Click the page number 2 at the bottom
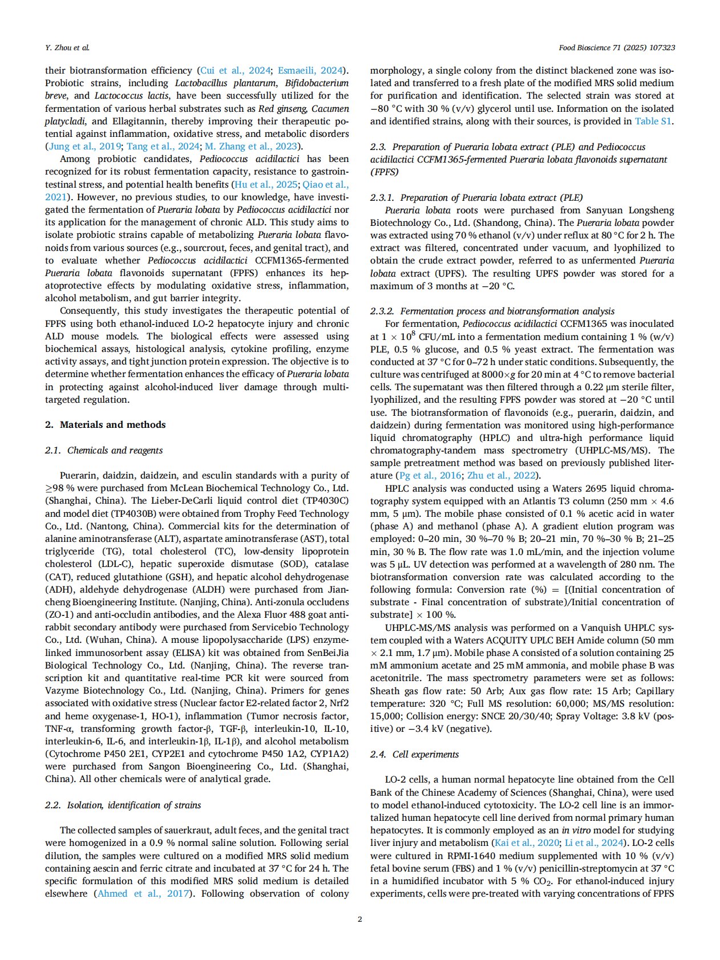[x=359, y=919]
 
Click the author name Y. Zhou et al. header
[x=67, y=47]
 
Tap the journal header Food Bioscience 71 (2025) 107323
[x=617, y=47]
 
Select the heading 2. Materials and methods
[x=106, y=424]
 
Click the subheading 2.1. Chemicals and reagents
[x=104, y=450]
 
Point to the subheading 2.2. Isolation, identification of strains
[x=123, y=805]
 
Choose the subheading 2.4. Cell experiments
[x=414, y=754]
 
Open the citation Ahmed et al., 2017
[x=143, y=893]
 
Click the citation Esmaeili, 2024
[x=310, y=70]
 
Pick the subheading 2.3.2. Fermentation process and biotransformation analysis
[x=492, y=311]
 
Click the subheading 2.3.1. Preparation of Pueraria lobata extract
[x=476, y=197]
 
